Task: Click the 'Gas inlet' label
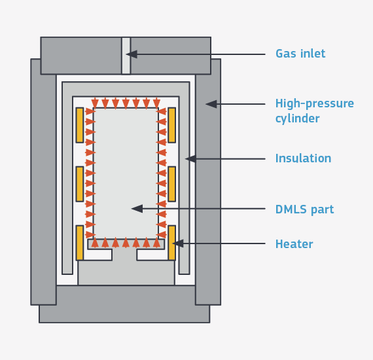300,54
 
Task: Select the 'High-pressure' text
315,103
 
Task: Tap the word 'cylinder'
297,118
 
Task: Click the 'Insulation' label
303,158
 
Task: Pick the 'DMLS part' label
304,209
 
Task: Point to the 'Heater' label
294,244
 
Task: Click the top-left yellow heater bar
80,125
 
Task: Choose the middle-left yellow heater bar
80,184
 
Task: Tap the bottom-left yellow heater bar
80,243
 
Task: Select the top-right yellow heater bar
171,125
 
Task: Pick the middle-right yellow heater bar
171,184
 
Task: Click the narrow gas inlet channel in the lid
126,56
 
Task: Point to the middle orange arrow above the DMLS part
126,103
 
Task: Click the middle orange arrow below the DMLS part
126,243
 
